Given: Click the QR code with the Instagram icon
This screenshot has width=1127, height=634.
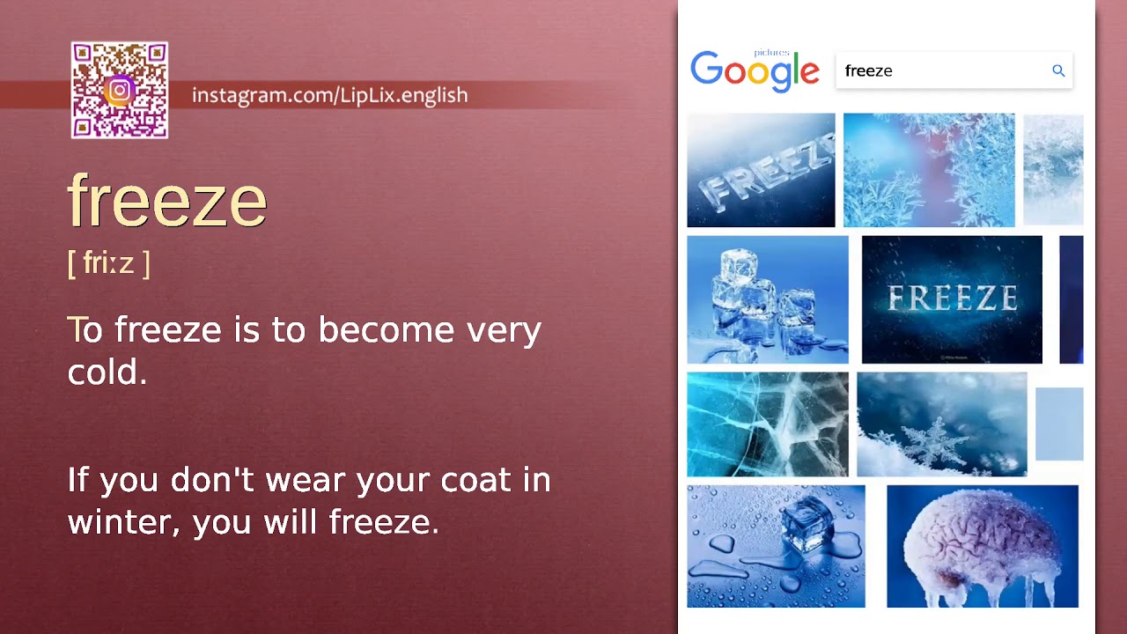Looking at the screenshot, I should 120,90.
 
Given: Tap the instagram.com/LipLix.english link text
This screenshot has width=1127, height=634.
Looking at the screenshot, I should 329,95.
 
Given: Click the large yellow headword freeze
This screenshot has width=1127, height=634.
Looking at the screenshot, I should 167,201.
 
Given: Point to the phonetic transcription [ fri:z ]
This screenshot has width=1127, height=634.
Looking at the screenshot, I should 108,263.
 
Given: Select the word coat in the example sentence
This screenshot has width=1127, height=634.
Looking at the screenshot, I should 463,480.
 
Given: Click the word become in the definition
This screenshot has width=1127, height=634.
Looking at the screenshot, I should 387,330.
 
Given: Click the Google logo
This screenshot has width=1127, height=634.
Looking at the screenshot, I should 755,70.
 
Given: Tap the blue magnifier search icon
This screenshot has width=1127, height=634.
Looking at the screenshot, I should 1058,70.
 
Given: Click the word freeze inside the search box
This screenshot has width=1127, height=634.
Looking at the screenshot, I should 868,71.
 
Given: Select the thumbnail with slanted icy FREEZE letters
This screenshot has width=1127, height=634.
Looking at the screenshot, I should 761,170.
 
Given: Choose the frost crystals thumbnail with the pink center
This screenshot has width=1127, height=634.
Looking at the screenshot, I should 929,170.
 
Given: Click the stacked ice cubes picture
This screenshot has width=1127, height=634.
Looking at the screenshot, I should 767,299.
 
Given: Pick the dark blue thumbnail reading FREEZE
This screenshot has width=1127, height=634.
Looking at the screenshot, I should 952,299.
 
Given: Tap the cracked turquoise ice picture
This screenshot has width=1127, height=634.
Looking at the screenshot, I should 767,424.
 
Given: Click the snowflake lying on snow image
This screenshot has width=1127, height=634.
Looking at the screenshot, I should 941,424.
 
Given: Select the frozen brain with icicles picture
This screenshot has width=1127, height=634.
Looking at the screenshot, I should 982,546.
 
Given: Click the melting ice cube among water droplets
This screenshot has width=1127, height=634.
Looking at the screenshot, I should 776,546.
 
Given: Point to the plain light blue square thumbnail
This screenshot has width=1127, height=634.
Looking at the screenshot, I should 1059,424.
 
